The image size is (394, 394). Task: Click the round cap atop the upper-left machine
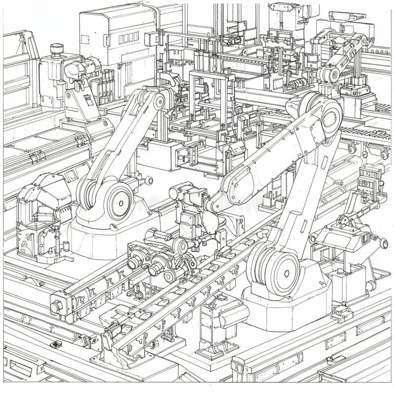click(x=57, y=49)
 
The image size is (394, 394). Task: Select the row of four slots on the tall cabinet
click(x=130, y=38)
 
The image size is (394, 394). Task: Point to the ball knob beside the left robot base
click(x=149, y=181)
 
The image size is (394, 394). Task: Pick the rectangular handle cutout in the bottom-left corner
click(x=17, y=367)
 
